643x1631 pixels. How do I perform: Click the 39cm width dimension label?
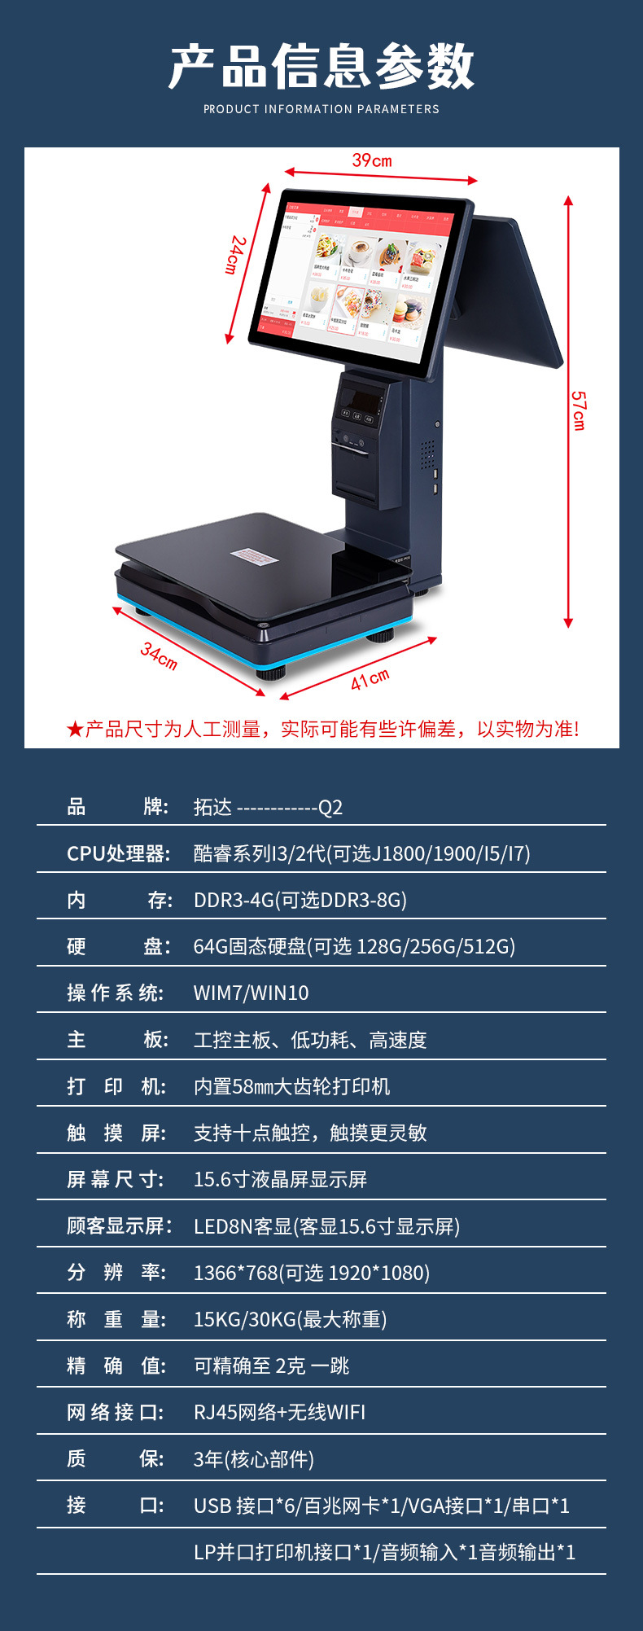click(372, 160)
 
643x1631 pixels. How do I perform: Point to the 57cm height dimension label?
click(578, 410)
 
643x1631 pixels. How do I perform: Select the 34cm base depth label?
click(159, 655)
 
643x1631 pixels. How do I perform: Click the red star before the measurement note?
click(75, 730)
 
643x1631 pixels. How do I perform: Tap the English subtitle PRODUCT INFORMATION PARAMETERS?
click(321, 109)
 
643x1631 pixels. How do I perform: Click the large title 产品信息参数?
click(321, 67)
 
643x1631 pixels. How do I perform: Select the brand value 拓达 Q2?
click(268, 807)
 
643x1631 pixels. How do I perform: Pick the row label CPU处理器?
click(119, 853)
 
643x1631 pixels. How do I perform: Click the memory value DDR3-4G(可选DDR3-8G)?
click(300, 900)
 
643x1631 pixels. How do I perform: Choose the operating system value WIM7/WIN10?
click(251, 993)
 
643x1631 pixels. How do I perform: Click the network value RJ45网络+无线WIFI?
click(279, 1412)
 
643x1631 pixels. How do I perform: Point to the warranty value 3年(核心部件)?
click(253, 1459)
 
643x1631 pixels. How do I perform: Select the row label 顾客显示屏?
click(119, 1226)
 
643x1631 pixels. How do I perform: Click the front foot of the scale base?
click(272, 673)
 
